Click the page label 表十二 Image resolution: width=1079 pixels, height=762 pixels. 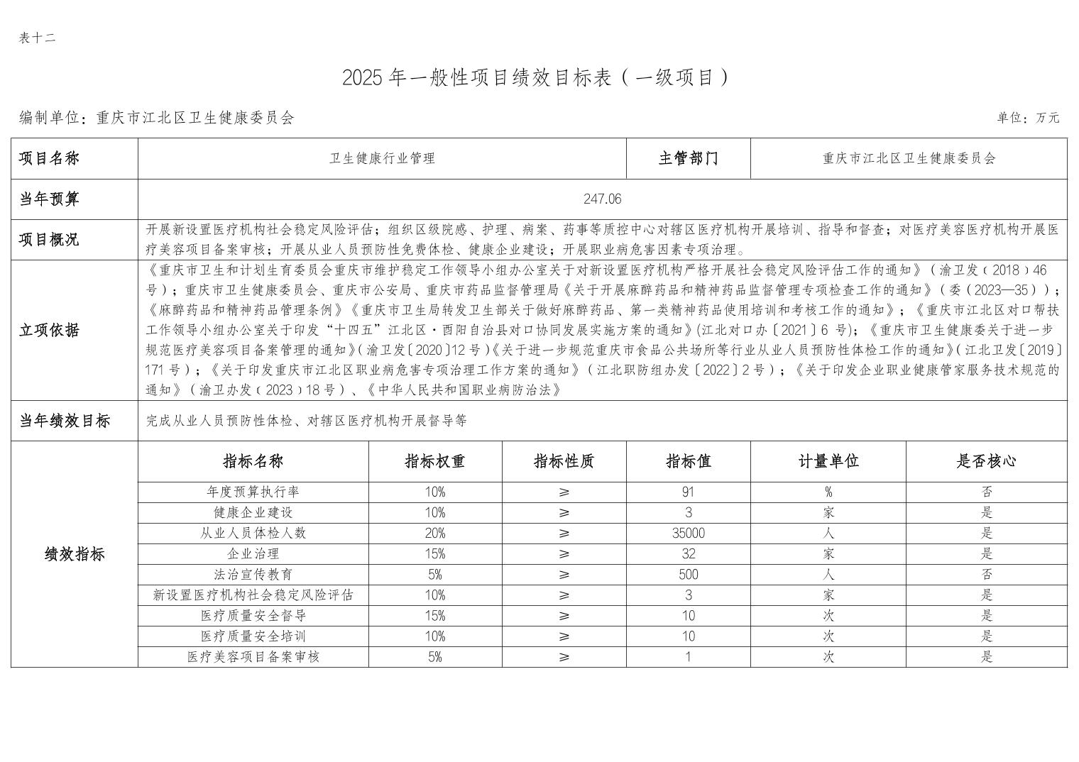(37, 38)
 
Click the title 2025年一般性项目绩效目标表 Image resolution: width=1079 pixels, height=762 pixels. (535, 77)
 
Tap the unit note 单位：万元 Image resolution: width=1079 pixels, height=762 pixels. (1027, 118)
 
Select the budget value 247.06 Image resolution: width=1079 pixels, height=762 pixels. (602, 199)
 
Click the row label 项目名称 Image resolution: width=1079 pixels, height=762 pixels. (49, 158)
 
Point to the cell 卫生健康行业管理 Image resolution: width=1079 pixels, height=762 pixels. (382, 158)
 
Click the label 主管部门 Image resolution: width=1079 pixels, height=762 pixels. (688, 158)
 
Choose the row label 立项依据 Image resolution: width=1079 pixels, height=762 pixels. (49, 330)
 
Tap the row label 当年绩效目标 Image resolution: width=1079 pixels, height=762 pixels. (65, 421)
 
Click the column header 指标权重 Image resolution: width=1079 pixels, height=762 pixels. (434, 461)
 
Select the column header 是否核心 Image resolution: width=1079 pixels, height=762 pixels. (986, 461)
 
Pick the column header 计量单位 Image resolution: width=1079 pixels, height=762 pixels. (828, 461)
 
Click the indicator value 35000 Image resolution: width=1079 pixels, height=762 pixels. (688, 534)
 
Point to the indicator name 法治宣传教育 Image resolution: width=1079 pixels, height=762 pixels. (253, 575)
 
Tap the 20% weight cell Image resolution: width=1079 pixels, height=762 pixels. (434, 534)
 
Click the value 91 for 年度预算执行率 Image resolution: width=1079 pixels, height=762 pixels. (688, 492)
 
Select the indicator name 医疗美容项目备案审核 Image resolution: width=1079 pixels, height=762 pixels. (253, 657)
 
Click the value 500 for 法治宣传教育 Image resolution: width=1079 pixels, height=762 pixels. (688, 575)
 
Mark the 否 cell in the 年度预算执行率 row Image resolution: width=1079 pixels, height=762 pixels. (986, 492)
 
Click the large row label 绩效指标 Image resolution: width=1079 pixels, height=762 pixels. (75, 554)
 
